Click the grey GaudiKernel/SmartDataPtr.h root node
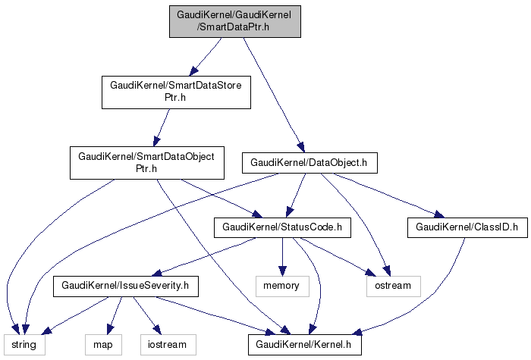pyautogui.click(x=235, y=20)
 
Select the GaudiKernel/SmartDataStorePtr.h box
pyautogui.click(x=176, y=91)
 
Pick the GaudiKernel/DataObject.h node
pyautogui.click(x=309, y=162)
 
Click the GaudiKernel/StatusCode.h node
pyautogui.click(x=282, y=226)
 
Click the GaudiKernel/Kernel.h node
pyautogui.click(x=304, y=345)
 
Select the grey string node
pyautogui.click(x=27, y=345)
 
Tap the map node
pyautogui.click(x=102, y=345)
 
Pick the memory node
pyautogui.click(x=281, y=286)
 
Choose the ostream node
pyautogui.click(x=393, y=286)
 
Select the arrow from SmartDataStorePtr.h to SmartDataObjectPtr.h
pyautogui.click(x=162, y=126)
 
